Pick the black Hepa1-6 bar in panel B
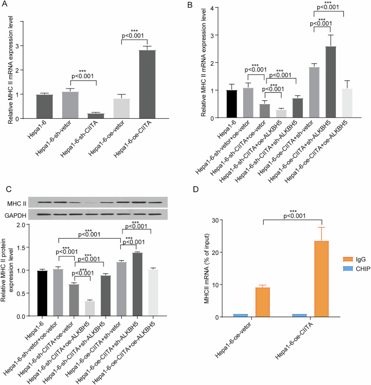click(217, 104)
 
